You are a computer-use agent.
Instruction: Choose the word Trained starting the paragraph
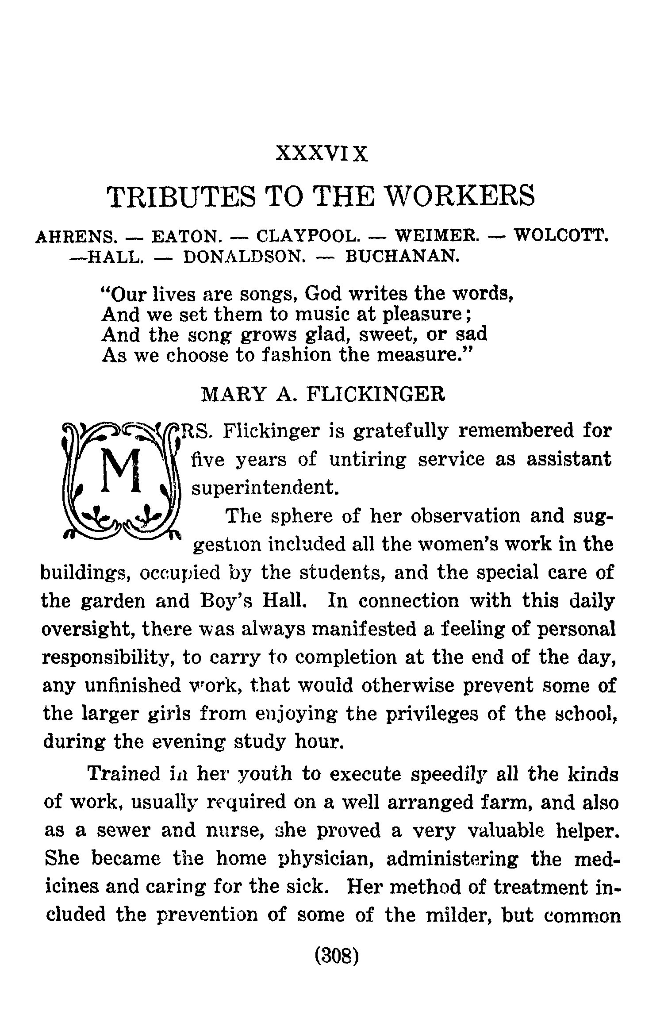(124, 774)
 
